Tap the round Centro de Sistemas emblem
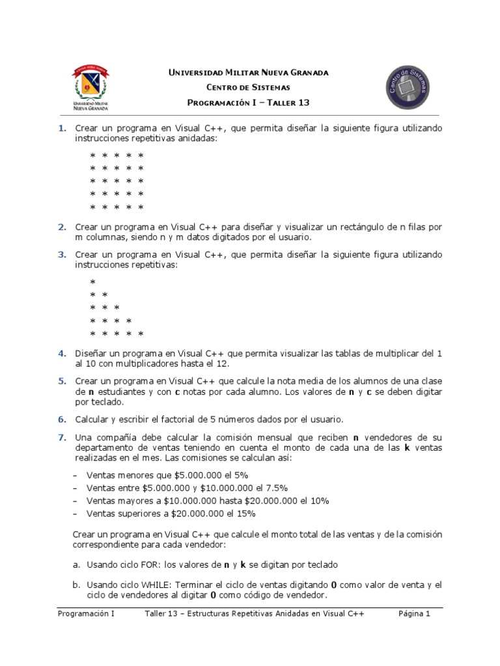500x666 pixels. click(x=406, y=87)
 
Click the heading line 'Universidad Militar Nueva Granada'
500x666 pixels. click(x=249, y=72)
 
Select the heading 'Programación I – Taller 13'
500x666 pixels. click(x=249, y=103)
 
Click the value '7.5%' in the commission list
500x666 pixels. click(x=275, y=488)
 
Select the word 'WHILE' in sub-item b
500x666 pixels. click(x=155, y=585)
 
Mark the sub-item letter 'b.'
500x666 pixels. click(x=76, y=585)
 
